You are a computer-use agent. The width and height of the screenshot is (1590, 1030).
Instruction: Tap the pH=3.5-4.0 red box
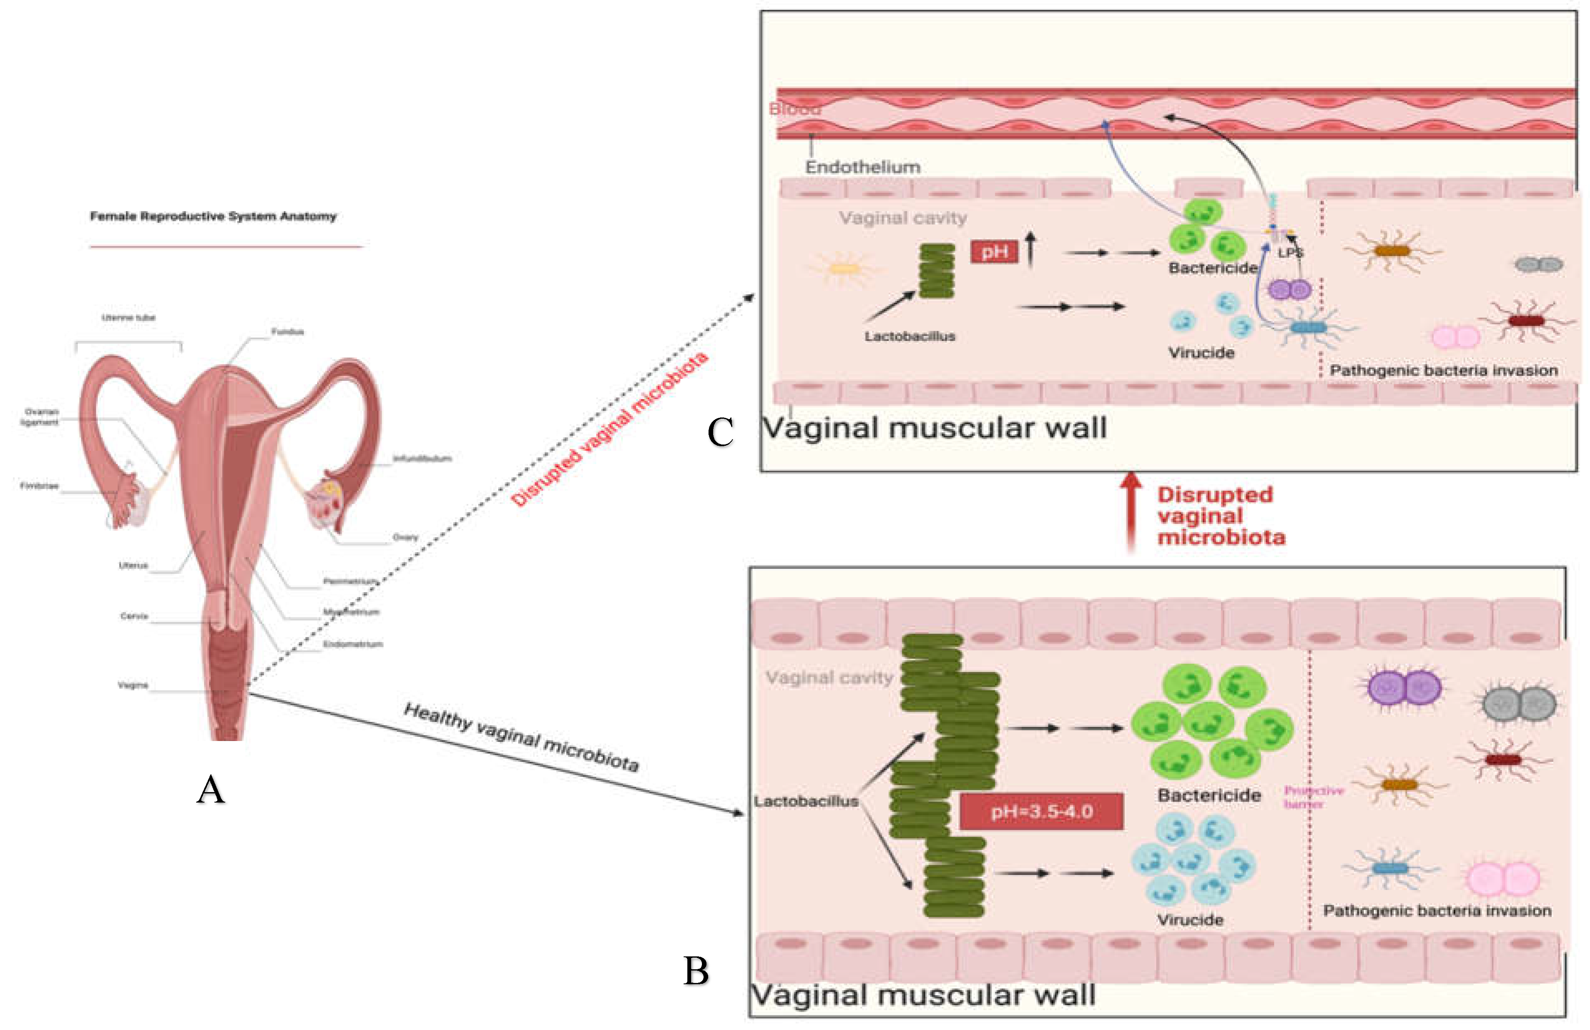coord(1041,811)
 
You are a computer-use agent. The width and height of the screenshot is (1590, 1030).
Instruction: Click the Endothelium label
coord(862,167)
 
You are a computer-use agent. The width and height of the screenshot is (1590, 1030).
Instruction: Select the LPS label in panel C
coord(1290,253)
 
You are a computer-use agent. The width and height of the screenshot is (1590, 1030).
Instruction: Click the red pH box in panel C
coord(994,252)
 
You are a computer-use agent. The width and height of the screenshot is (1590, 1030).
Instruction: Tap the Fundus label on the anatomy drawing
coord(287,331)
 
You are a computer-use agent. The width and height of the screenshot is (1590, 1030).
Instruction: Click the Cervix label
coord(134,615)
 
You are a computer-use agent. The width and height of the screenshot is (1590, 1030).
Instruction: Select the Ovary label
coord(405,537)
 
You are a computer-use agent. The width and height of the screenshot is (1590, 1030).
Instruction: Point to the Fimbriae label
coord(39,486)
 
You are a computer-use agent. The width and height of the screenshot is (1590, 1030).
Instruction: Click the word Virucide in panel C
coord(1201,353)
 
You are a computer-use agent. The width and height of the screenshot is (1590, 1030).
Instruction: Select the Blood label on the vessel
coord(795,109)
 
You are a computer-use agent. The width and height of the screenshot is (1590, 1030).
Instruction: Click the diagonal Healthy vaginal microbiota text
coord(521,737)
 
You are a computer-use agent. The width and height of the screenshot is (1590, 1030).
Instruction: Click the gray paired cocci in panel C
coord(1538,265)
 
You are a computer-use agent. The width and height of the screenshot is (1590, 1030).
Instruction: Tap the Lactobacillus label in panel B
coord(806,801)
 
